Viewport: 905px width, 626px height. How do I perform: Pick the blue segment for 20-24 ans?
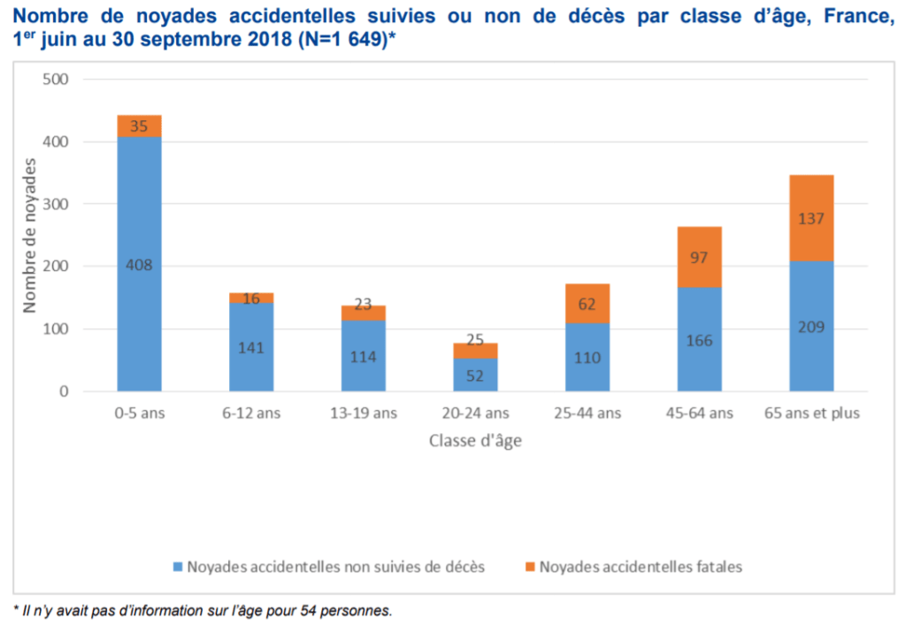pyautogui.click(x=476, y=375)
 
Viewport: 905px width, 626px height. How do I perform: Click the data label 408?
pyautogui.click(x=139, y=264)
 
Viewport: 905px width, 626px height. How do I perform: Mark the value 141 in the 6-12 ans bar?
pyautogui.click(x=251, y=347)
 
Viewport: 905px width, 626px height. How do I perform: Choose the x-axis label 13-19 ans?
pyautogui.click(x=363, y=413)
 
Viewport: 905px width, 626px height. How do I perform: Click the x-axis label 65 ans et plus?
pyautogui.click(x=811, y=413)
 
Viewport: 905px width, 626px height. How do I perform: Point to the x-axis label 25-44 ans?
pyautogui.click(x=587, y=413)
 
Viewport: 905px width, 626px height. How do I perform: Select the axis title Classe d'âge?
pyautogui.click(x=475, y=441)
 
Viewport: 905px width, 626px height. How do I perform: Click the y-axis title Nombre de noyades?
pyautogui.click(x=30, y=236)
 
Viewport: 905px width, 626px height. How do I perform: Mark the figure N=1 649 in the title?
pyautogui.click(x=343, y=41)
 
